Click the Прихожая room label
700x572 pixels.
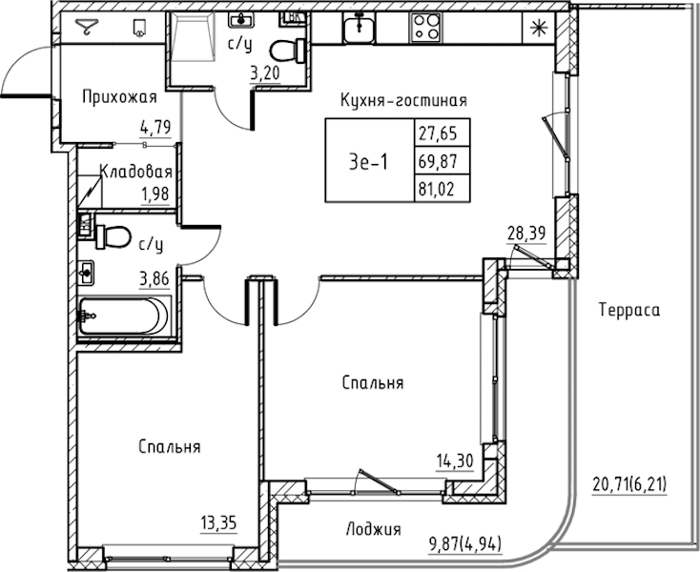click(x=119, y=97)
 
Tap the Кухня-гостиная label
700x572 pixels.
click(x=403, y=100)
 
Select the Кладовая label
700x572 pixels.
click(x=136, y=172)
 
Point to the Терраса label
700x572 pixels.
click(x=629, y=309)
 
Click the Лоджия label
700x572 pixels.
click(x=374, y=529)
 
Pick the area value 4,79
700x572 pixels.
click(x=155, y=128)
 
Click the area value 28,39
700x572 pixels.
click(x=526, y=233)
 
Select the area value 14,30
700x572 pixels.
click(x=455, y=460)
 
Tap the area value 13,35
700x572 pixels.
click(x=218, y=522)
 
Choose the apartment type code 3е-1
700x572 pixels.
click(x=369, y=162)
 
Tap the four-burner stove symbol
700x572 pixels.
click(x=425, y=28)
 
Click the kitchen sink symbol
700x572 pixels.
click(x=359, y=28)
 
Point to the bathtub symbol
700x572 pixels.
click(x=124, y=316)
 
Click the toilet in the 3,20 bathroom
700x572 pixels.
click(x=288, y=51)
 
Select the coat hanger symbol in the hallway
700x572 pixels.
click(x=86, y=27)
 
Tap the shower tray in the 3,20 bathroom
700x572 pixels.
click(x=192, y=36)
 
